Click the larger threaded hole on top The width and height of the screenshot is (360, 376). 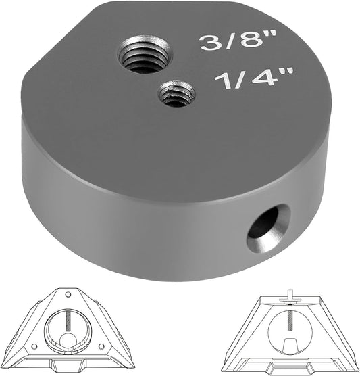click(146, 55)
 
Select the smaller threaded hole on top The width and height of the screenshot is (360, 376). click(176, 93)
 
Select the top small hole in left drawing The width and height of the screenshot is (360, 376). click(68, 294)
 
